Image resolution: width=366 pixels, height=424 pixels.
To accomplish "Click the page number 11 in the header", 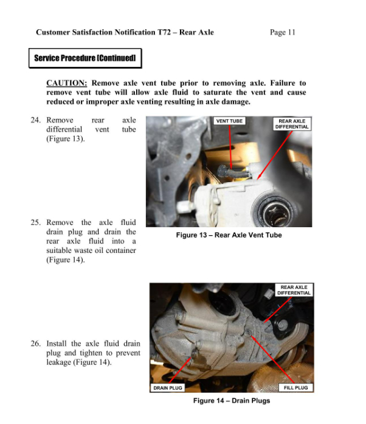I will pyautogui.click(x=291, y=32).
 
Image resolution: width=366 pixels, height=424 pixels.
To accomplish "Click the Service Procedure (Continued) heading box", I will pyautogui.click(x=85, y=58).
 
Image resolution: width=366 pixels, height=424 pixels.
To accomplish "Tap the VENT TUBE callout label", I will pyautogui.click(x=229, y=121).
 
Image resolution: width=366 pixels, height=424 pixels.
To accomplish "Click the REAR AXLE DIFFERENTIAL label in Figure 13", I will pyautogui.click(x=292, y=124).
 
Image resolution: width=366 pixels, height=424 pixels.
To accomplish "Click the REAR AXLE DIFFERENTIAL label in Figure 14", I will pyautogui.click(x=294, y=289).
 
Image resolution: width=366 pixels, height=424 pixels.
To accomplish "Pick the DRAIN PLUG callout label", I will pyautogui.click(x=168, y=387).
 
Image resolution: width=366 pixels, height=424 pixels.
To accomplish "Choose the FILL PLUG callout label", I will pyautogui.click(x=295, y=387).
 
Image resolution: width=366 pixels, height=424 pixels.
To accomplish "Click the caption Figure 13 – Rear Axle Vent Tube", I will pyautogui.click(x=229, y=235).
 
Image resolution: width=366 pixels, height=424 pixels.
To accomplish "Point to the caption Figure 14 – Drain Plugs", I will pyautogui.click(x=231, y=401).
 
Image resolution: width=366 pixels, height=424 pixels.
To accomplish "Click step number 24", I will pyautogui.click(x=36, y=121).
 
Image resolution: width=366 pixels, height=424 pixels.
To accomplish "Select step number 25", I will pyautogui.click(x=36, y=223).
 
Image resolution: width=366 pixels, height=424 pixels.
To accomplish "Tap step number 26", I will pyautogui.click(x=36, y=344).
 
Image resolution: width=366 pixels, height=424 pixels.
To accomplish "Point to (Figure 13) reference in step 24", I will pyautogui.click(x=65, y=139).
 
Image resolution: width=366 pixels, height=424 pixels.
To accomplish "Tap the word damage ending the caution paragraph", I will pyautogui.click(x=235, y=102).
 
